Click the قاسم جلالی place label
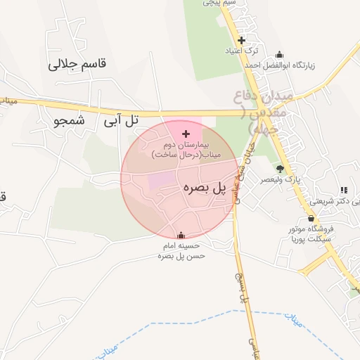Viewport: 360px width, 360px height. click(x=77, y=64)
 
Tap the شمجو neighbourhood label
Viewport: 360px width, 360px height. click(x=67, y=120)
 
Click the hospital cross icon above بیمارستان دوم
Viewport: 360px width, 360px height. click(x=186, y=134)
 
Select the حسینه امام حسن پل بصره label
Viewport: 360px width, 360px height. click(x=181, y=251)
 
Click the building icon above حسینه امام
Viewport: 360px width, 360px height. click(x=181, y=236)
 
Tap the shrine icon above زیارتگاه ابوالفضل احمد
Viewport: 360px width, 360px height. click(x=280, y=54)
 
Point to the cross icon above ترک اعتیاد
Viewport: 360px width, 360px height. click(x=242, y=40)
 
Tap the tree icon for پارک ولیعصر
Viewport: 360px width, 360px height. click(x=281, y=169)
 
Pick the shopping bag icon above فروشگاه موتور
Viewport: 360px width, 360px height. click(x=311, y=218)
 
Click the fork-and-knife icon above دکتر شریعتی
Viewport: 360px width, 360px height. click(x=343, y=190)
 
